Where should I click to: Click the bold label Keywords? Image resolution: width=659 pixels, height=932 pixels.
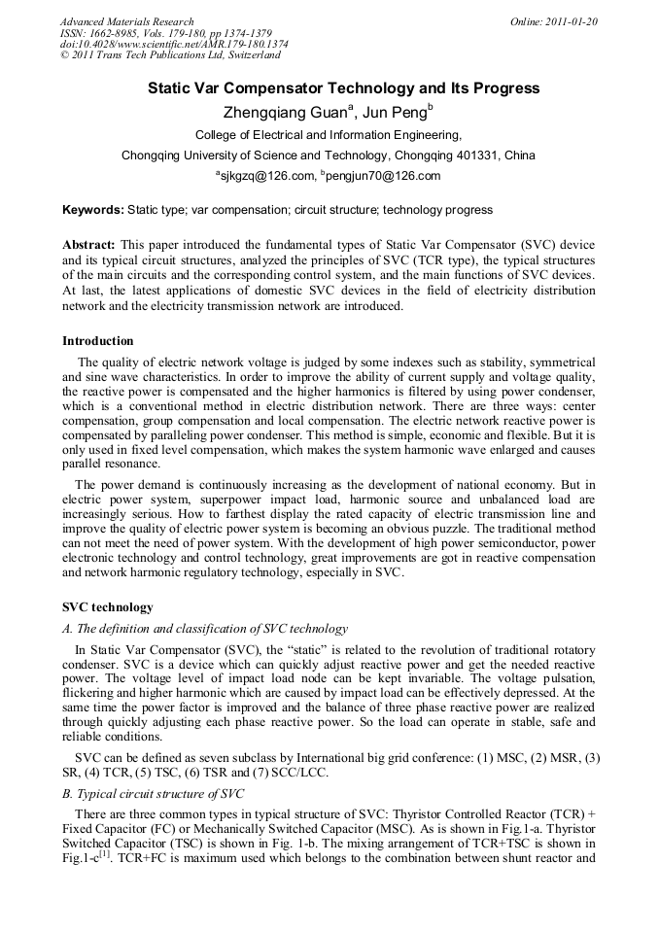coord(93,210)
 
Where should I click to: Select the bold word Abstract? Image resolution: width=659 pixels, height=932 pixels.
coord(88,245)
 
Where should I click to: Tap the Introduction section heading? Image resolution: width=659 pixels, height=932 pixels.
coord(98,341)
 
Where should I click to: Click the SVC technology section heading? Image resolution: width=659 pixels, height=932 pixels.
coord(108,607)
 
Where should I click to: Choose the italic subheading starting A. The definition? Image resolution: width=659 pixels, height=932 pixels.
coord(205,629)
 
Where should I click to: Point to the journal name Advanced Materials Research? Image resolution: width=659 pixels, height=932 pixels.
coord(127,21)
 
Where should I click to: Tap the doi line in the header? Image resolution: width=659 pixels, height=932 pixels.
coord(174,45)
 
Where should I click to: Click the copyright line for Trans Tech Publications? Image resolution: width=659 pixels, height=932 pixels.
coord(170,56)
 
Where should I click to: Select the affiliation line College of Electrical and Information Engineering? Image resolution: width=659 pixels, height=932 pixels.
coord(329,135)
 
